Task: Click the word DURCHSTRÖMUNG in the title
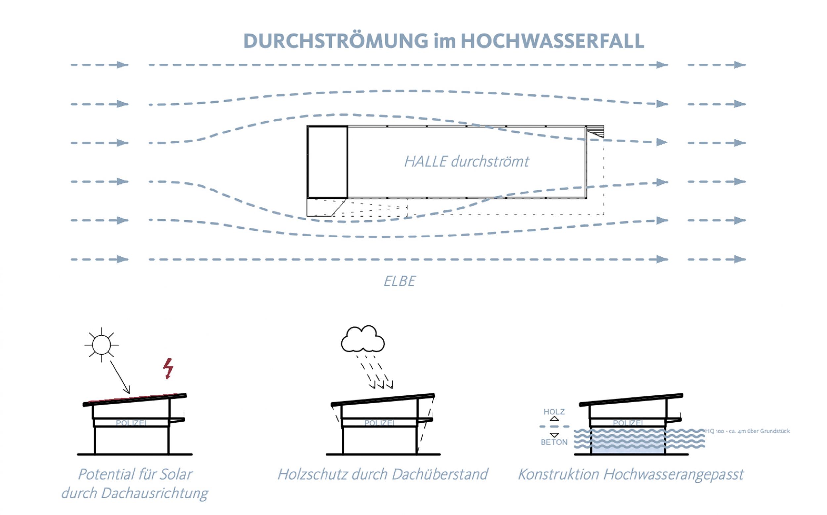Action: click(335, 41)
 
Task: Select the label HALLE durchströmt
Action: click(466, 161)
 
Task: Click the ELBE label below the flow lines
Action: click(399, 281)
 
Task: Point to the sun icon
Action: click(101, 345)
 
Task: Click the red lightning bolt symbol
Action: click(168, 368)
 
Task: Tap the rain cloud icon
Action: click(363, 339)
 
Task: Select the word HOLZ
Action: click(554, 412)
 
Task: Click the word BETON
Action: click(554, 442)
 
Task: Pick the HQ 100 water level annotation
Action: click(747, 431)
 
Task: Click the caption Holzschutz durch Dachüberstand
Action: click(382, 474)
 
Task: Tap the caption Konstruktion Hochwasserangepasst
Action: click(631, 474)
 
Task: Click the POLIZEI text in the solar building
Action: click(131, 423)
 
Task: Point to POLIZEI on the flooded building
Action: click(628, 423)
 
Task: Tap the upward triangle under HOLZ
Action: click(554, 419)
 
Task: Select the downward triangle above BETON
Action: click(554, 435)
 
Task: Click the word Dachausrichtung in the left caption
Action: click(154, 493)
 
